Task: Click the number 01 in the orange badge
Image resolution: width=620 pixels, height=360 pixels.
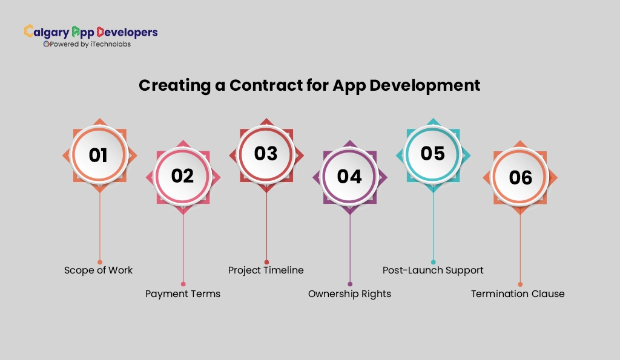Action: tap(99, 155)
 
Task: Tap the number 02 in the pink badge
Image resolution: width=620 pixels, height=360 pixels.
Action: tap(183, 176)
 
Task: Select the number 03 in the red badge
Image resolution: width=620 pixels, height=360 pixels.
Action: tap(266, 154)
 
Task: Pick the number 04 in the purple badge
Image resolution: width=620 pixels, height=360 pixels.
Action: tap(349, 176)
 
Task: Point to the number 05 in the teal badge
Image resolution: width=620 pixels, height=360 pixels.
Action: tap(433, 154)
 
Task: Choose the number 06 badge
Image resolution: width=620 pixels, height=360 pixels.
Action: tap(520, 177)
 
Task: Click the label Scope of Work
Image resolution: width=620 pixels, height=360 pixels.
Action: tap(98, 270)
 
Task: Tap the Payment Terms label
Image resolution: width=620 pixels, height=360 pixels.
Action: tap(183, 293)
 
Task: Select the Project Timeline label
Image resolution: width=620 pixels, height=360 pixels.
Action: tap(266, 270)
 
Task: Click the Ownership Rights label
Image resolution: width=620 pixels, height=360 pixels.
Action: tap(349, 293)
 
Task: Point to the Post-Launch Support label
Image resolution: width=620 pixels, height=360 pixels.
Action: tap(433, 270)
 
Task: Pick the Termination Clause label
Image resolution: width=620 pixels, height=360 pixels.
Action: tap(518, 293)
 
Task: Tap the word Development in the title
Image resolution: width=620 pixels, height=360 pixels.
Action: tap(424, 85)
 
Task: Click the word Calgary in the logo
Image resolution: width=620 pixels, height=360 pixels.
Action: tap(46, 32)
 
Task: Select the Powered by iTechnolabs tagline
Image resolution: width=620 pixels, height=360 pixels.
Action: tap(87, 44)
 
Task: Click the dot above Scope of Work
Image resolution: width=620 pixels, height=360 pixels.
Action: tap(100, 245)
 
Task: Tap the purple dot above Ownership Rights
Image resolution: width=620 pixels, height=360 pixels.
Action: tap(350, 284)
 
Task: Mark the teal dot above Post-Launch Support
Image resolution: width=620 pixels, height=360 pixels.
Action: tap(433, 262)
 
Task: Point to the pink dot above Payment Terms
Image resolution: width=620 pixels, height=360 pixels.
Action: tap(183, 284)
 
